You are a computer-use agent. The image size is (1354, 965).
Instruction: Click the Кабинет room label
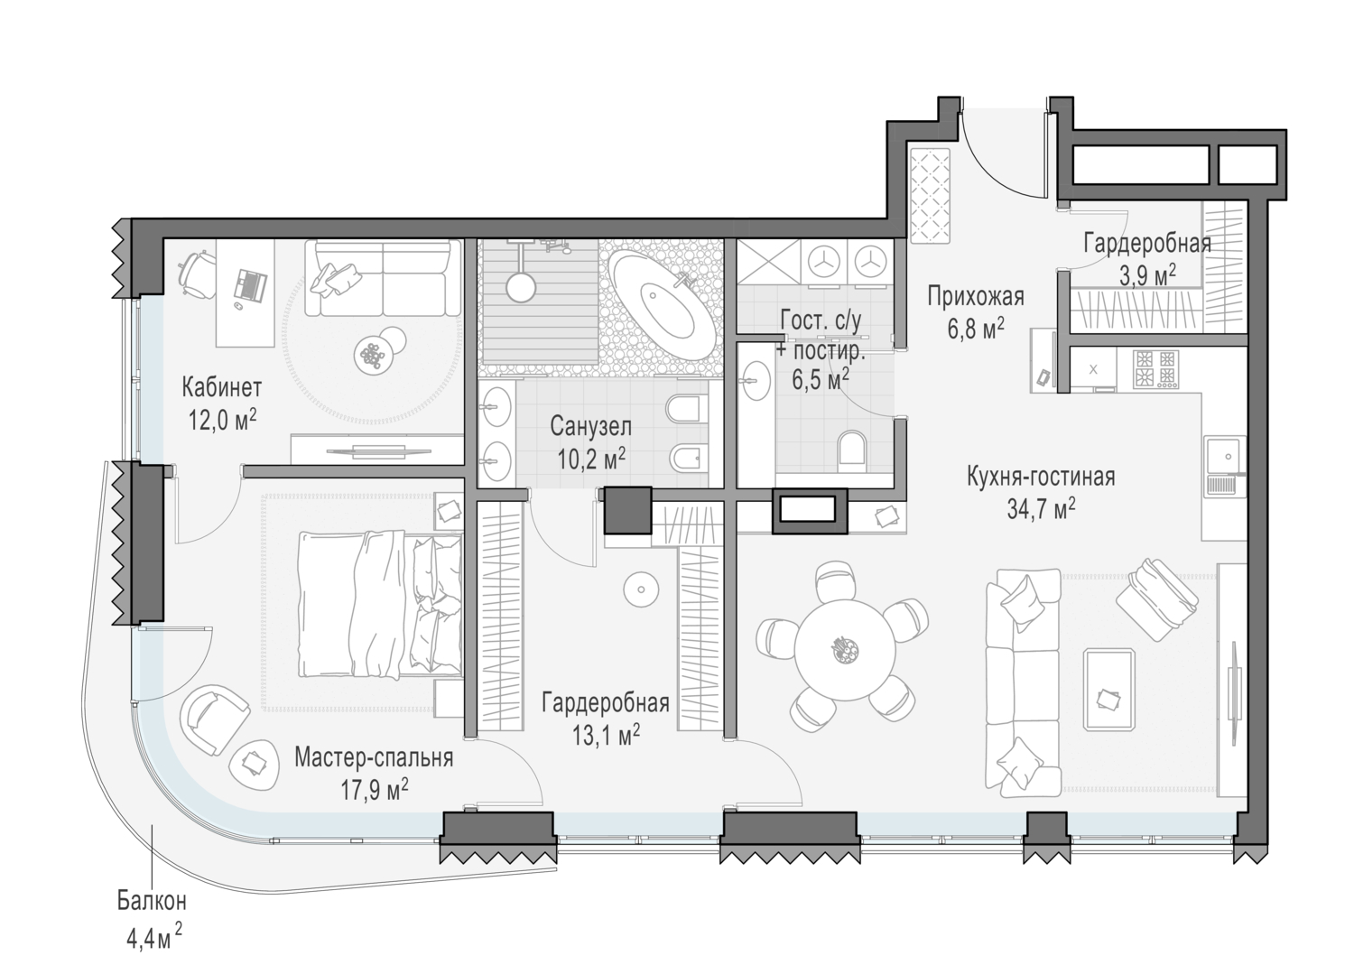(x=222, y=387)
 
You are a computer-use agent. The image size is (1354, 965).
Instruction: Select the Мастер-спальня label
(x=374, y=757)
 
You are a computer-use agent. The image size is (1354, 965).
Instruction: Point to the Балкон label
(x=152, y=902)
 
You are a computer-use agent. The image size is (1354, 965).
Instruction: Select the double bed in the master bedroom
(x=380, y=606)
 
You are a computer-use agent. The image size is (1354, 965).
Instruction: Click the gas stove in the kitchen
(x=1156, y=369)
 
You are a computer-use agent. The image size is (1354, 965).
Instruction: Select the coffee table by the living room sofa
(x=1109, y=690)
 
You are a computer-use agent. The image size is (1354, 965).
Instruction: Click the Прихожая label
(x=976, y=297)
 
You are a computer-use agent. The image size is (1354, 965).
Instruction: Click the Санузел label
(x=590, y=427)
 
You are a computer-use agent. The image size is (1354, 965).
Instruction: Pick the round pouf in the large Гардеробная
(x=641, y=589)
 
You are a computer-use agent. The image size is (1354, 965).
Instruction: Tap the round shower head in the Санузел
(x=521, y=286)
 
